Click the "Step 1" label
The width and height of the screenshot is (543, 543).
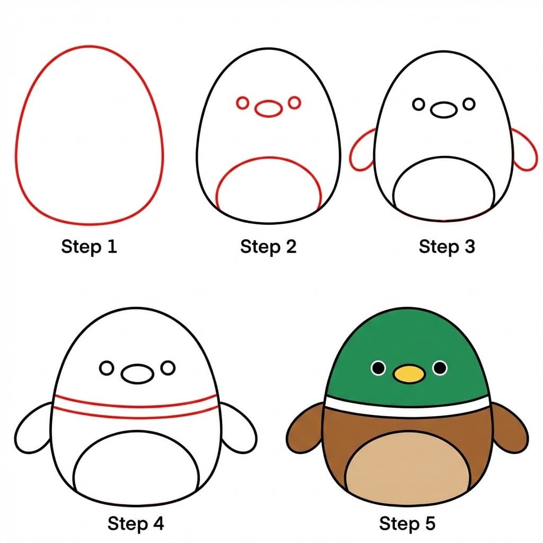89,247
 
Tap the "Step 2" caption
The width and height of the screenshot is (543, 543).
268,247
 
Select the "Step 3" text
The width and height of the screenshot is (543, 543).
446,247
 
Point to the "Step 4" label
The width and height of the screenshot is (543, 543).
136,524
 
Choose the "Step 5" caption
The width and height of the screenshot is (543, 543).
407,524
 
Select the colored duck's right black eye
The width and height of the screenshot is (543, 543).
440,367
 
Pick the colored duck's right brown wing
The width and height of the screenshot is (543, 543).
511,428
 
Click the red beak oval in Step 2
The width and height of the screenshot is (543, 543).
269,109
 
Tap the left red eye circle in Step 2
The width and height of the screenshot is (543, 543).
243,103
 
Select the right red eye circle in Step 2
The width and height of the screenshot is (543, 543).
294,102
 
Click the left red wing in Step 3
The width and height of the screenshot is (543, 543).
362,151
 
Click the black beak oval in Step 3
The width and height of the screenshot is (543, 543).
443,110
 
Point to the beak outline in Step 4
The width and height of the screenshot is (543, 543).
137,373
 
